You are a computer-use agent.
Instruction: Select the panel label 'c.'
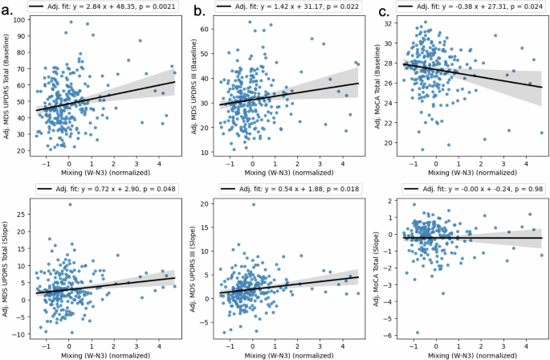[383, 10]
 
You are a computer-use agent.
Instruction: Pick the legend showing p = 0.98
[470, 190]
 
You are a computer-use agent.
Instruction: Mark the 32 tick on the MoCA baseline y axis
[393, 24]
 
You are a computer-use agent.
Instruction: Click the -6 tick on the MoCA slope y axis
[393, 335]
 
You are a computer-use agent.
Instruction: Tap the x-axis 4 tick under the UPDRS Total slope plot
[158, 342]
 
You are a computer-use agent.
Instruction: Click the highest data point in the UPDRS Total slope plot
[70, 204]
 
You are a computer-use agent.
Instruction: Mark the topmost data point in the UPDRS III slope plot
[254, 204]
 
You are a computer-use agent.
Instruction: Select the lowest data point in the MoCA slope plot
[417, 333]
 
